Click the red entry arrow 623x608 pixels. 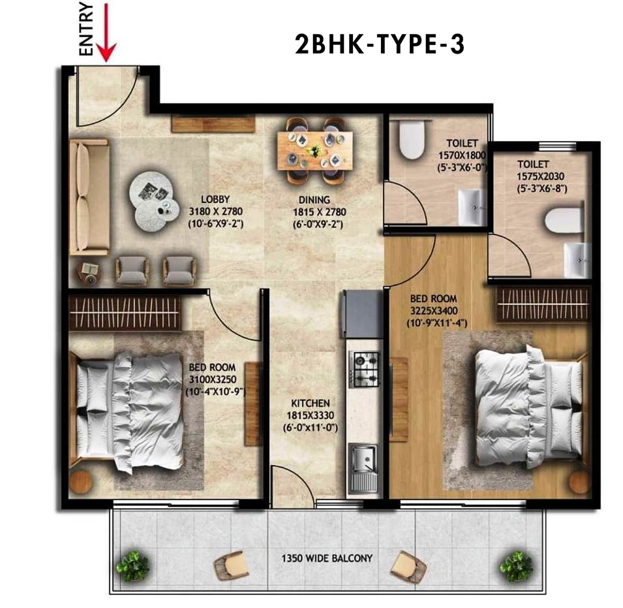coord(106,32)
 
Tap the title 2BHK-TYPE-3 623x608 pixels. coord(380,44)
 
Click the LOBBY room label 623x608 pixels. coord(215,199)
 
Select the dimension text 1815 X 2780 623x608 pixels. coord(320,212)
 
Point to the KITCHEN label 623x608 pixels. coord(311,403)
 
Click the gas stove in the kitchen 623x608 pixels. coord(364,369)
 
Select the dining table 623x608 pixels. coord(315,150)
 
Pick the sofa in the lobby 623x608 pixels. coord(89,197)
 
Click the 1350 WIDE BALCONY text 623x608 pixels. coord(327,558)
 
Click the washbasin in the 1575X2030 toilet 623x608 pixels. coord(575,261)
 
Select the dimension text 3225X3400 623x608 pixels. coord(434,310)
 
